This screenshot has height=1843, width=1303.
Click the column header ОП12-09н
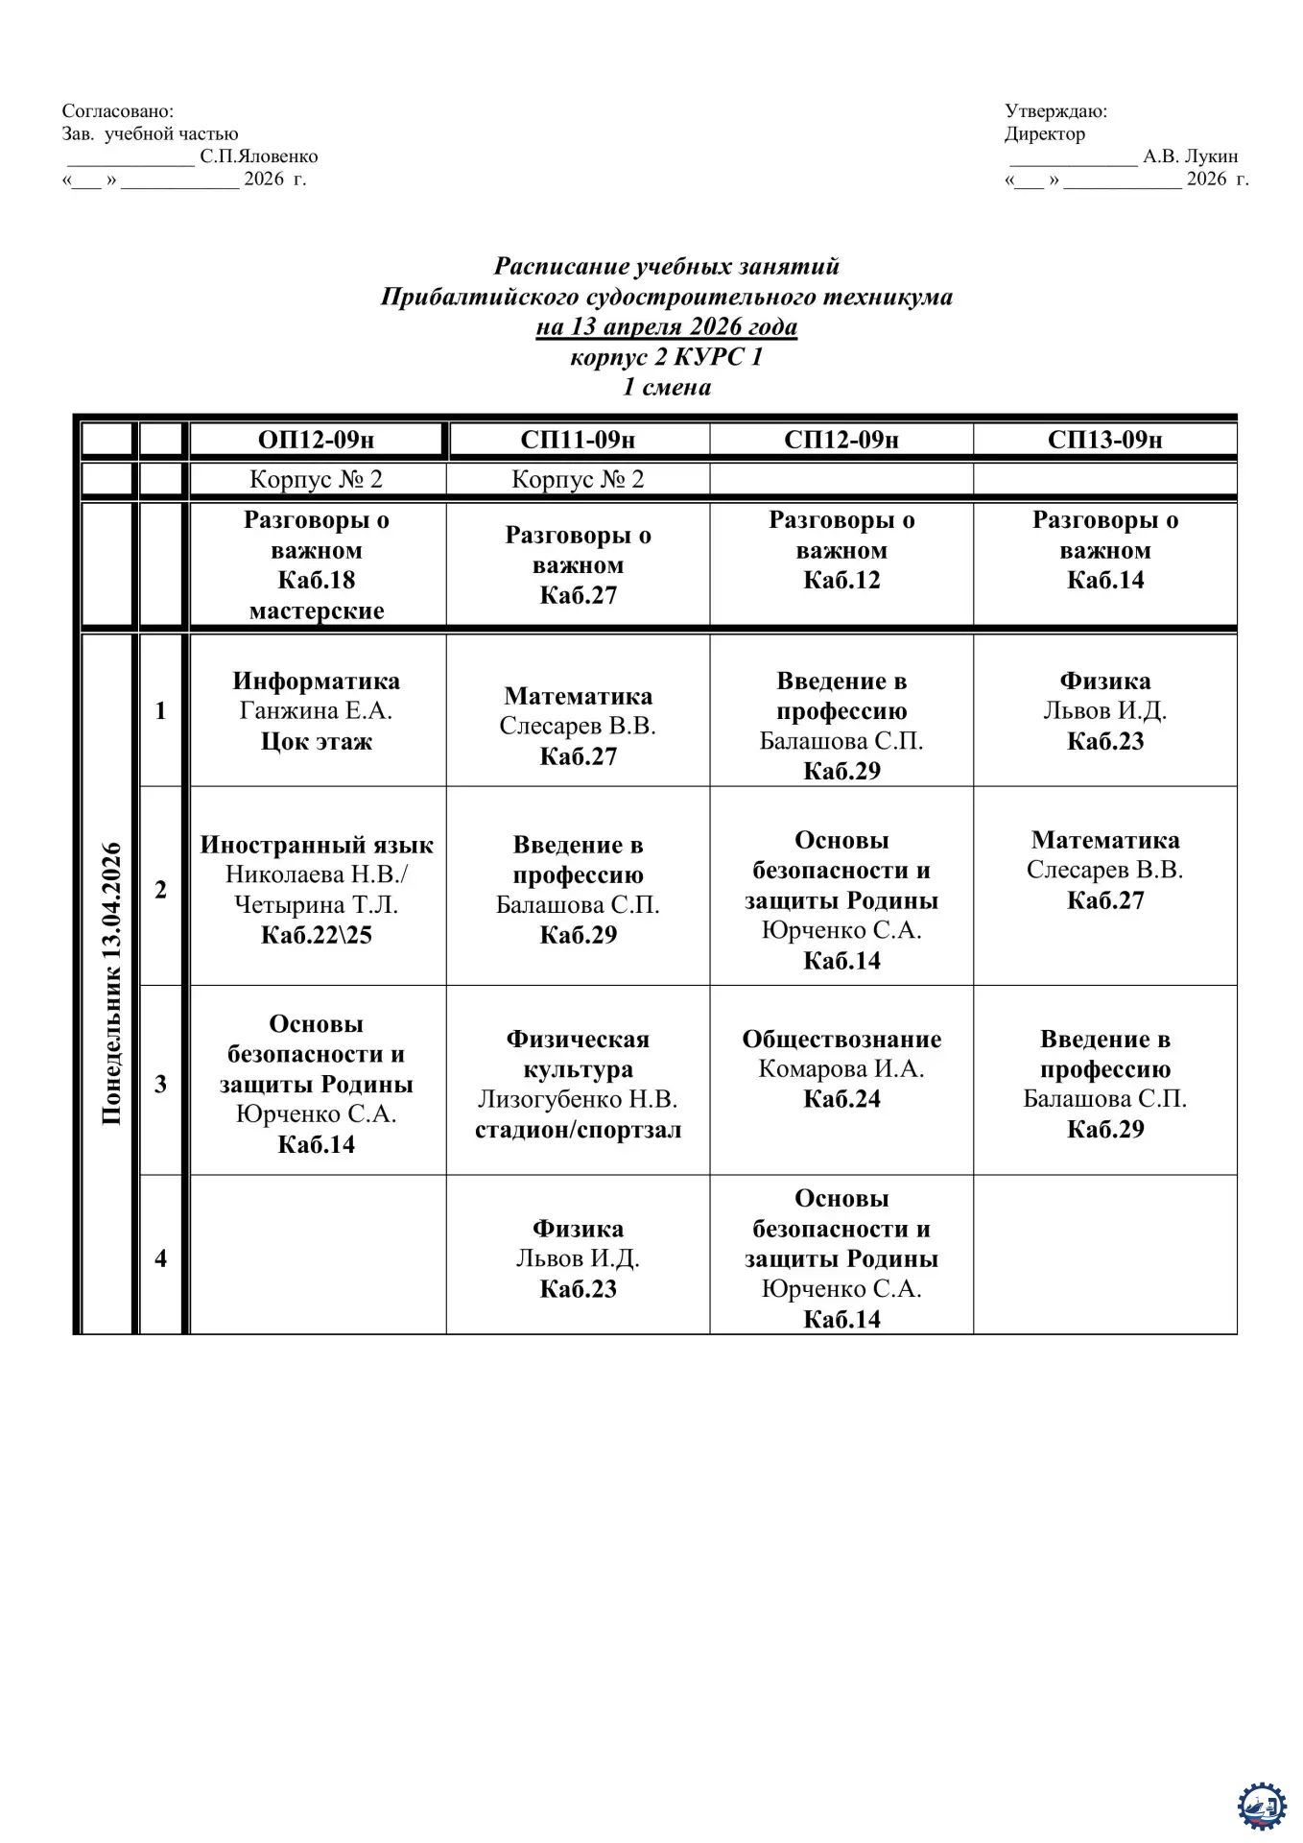point(317,440)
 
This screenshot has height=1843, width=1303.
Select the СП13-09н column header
point(1104,440)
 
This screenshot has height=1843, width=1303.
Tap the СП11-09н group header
point(578,440)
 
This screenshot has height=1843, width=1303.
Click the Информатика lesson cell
point(317,710)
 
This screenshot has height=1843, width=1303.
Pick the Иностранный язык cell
point(317,889)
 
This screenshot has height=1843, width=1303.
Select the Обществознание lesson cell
point(841,1069)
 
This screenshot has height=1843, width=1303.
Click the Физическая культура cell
point(578,1084)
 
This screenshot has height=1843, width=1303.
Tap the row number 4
point(160,1257)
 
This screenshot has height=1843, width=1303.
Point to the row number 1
point(160,710)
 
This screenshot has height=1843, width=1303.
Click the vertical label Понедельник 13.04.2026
point(111,983)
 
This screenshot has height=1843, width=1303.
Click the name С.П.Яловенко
point(259,156)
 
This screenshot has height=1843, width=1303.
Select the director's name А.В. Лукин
point(1190,156)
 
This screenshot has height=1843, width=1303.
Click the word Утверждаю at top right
point(1055,111)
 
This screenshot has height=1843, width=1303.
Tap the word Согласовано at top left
point(118,111)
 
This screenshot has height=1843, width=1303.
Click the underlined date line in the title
point(666,326)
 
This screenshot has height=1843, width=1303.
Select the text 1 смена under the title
point(666,387)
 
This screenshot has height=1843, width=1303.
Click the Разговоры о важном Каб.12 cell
point(841,550)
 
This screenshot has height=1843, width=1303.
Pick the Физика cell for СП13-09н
point(1104,710)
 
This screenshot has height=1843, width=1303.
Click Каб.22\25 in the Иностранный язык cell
point(317,935)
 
